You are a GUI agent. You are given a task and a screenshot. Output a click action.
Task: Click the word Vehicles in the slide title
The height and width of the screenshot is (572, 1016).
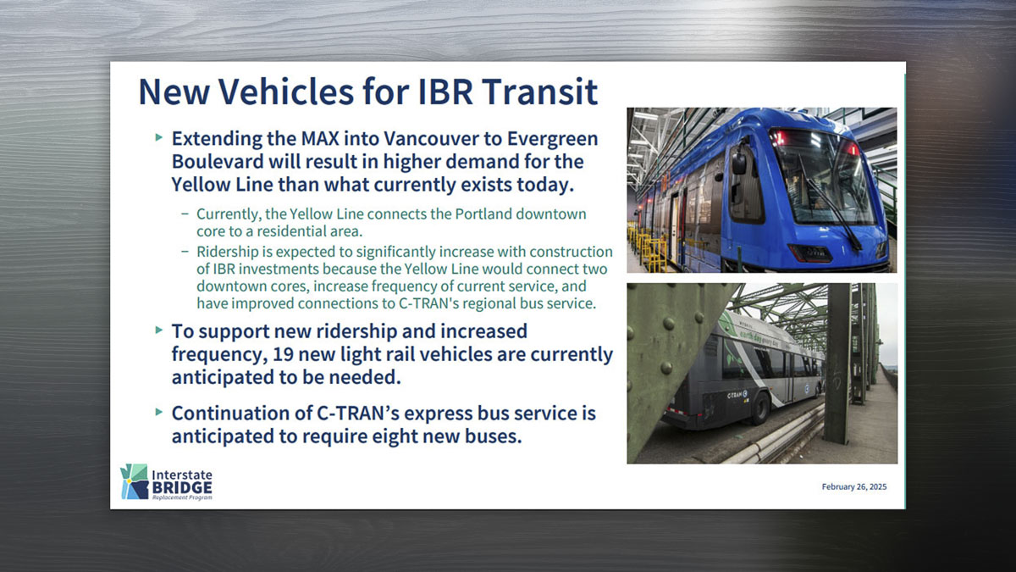[286, 92]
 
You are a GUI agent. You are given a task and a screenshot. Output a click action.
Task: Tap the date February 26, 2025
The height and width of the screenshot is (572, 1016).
[854, 486]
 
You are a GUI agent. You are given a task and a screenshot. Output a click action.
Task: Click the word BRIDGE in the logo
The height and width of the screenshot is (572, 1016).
[182, 488]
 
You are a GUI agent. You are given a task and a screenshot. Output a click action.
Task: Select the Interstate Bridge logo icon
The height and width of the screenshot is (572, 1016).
[135, 481]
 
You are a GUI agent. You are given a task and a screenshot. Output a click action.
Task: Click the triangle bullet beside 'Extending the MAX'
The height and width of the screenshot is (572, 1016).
[159, 137]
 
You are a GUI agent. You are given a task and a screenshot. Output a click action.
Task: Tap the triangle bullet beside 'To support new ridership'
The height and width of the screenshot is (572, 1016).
[159, 330]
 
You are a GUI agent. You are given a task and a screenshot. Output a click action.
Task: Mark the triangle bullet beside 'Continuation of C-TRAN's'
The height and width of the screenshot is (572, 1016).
[159, 412]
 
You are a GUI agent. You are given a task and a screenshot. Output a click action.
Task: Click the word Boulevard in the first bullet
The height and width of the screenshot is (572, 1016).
[218, 162]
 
